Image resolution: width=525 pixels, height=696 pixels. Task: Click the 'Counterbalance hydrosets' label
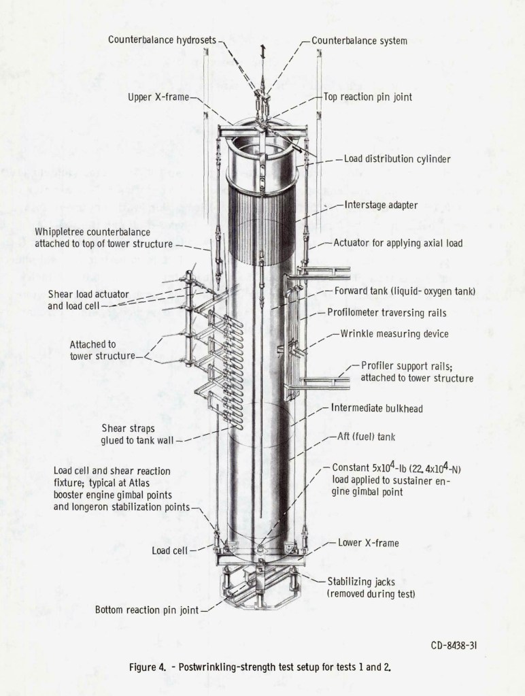point(162,40)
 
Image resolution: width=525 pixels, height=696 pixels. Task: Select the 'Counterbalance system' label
point(359,41)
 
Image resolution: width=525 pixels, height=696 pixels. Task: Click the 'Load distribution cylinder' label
point(397,159)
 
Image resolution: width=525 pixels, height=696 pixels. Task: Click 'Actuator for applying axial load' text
point(398,243)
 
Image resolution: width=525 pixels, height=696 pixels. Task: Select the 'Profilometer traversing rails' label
point(387,314)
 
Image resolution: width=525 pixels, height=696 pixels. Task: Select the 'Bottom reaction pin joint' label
point(147,610)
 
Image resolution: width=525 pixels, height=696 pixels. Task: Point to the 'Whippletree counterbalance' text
point(93,232)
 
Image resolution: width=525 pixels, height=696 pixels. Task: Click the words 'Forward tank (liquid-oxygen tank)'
point(405,291)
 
